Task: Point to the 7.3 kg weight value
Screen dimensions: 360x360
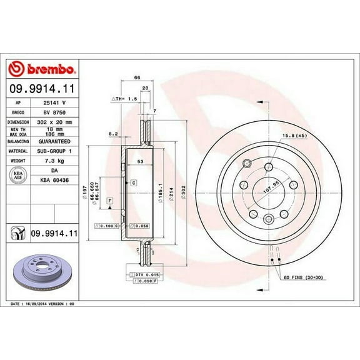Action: point(55,161)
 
